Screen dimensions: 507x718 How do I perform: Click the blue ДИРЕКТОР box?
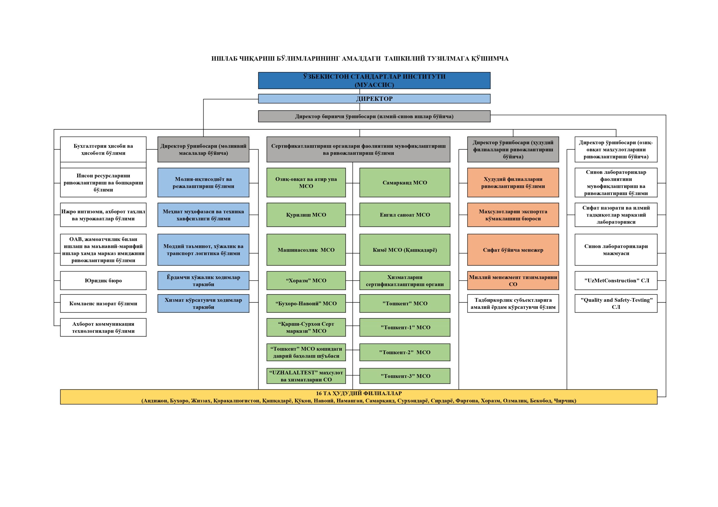[x=374, y=99]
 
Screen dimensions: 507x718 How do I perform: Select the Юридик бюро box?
[x=103, y=280]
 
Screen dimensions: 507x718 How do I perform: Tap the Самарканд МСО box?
[x=405, y=182]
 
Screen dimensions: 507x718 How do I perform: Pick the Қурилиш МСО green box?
[x=306, y=215]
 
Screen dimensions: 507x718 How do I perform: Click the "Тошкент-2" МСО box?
[x=405, y=352]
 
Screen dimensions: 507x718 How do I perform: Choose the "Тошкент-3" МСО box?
[x=405, y=376]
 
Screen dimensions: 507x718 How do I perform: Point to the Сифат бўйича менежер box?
[x=513, y=250]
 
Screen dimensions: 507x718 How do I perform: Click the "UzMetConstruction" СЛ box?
[x=616, y=280]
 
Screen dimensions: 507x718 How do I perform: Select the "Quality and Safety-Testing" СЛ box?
[x=616, y=303]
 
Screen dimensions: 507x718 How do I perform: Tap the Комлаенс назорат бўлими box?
[x=103, y=303]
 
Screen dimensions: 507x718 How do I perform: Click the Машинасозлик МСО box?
[x=306, y=250]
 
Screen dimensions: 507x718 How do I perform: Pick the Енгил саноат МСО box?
[x=405, y=215]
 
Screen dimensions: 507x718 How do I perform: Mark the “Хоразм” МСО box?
[x=306, y=280]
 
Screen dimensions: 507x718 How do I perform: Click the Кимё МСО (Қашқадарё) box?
[x=405, y=250]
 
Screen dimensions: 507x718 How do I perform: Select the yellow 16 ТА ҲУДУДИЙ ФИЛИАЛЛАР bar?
[x=359, y=397]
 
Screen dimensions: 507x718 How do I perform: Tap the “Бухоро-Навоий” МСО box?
[x=306, y=303]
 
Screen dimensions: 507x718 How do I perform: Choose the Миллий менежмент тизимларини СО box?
[x=513, y=280]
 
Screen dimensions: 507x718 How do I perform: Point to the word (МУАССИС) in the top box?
[x=374, y=85]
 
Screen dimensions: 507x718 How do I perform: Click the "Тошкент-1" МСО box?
[x=405, y=327]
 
